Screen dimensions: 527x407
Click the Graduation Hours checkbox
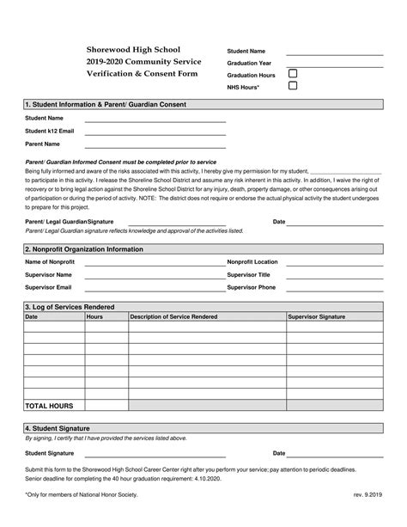[293, 74]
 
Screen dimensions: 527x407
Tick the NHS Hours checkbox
[293, 86]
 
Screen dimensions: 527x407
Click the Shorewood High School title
[132, 50]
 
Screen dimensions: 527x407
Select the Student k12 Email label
[49, 131]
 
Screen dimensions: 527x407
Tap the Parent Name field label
[42, 144]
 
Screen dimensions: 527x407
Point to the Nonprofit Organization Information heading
[83, 248]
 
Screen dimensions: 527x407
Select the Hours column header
[95, 317]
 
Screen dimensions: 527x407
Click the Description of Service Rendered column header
[173, 317]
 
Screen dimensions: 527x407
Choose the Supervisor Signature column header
[316, 317]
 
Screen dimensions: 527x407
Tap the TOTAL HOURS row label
[49, 405]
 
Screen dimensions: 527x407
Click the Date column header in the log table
[32, 317]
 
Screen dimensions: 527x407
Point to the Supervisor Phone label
[251, 287]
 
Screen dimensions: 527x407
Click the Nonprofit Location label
[252, 261]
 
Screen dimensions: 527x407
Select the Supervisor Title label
[248, 274]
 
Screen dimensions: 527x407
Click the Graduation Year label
[249, 63]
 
